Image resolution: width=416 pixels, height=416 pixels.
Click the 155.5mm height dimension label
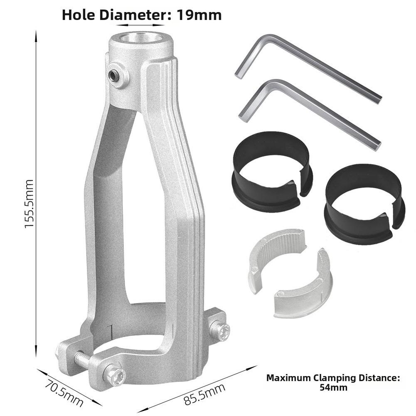(x=29, y=204)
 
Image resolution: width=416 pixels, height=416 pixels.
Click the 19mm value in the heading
(x=199, y=15)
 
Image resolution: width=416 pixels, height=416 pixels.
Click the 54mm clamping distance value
(x=333, y=388)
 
